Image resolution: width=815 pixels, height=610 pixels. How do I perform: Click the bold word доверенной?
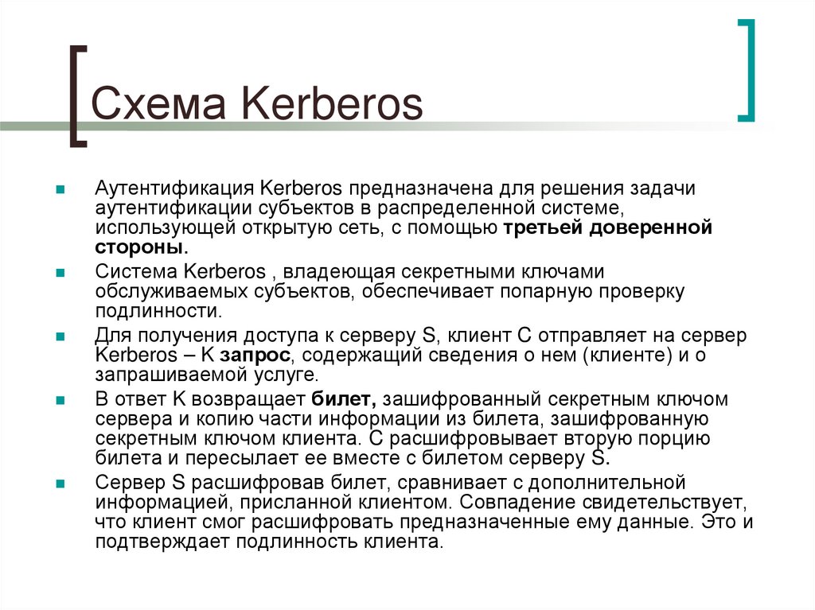(x=649, y=229)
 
